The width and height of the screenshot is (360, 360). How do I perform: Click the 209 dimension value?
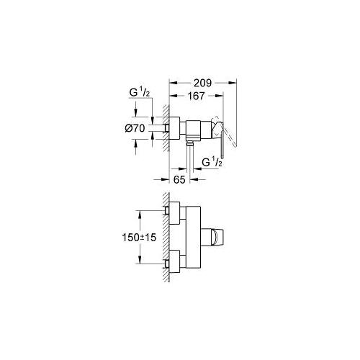point(203,83)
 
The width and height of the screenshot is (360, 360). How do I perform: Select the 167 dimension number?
point(197,96)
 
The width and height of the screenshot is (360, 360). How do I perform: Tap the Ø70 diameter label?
point(135,128)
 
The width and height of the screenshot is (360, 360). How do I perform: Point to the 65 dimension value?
point(179,179)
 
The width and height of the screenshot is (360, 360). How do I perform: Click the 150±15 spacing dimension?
point(139,238)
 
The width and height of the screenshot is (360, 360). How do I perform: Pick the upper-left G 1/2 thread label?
point(140,93)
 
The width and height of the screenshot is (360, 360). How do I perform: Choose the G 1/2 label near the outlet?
point(212,163)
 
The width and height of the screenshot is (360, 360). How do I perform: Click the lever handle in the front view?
point(212,238)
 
